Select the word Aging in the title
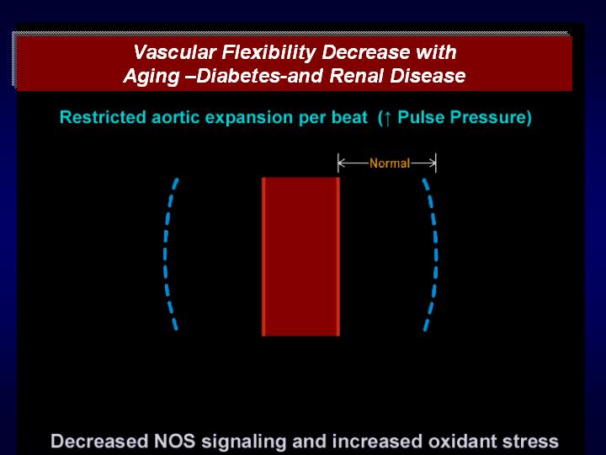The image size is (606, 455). (x=151, y=76)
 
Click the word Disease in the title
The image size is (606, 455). (x=427, y=76)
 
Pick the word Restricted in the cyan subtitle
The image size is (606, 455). (x=104, y=117)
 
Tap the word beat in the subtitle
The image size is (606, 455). (x=350, y=117)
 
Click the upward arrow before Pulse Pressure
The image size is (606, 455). (x=387, y=118)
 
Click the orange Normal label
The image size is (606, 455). (x=389, y=163)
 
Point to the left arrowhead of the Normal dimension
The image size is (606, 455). (x=340, y=163)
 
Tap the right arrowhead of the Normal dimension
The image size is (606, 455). (x=433, y=163)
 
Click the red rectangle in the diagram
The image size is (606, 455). (x=300, y=256)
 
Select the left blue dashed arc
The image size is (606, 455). (x=166, y=254)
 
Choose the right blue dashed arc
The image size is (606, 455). (x=436, y=254)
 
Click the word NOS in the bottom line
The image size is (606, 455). (x=175, y=441)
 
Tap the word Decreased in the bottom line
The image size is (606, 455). (x=99, y=441)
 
